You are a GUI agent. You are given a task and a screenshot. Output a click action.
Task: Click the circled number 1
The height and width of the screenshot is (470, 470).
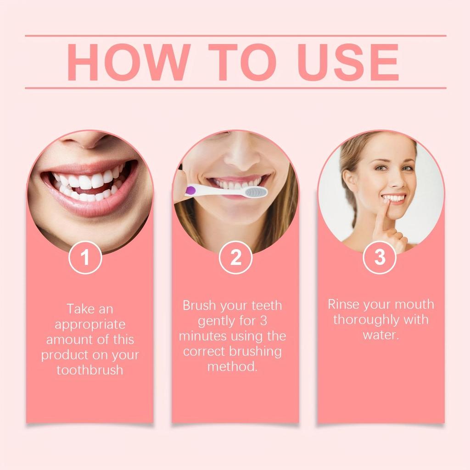tap(85, 257)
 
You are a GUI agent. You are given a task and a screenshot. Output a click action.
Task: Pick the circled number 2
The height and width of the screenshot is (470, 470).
tap(235, 257)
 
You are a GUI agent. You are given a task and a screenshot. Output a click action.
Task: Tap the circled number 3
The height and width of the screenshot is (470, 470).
tap(380, 257)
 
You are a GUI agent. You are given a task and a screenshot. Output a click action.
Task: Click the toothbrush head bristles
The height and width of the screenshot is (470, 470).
tap(255, 192)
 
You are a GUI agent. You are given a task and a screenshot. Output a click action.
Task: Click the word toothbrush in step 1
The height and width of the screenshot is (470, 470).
tap(90, 370)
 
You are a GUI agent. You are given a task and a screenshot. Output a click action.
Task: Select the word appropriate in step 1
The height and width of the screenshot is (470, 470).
tap(90, 324)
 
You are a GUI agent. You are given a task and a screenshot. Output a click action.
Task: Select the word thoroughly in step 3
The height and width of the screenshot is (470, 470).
tap(365, 319)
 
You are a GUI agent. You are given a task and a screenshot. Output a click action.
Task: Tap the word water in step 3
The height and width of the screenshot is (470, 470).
tap(380, 335)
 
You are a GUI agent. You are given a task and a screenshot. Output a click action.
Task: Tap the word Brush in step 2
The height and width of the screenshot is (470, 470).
tap(199, 305)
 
